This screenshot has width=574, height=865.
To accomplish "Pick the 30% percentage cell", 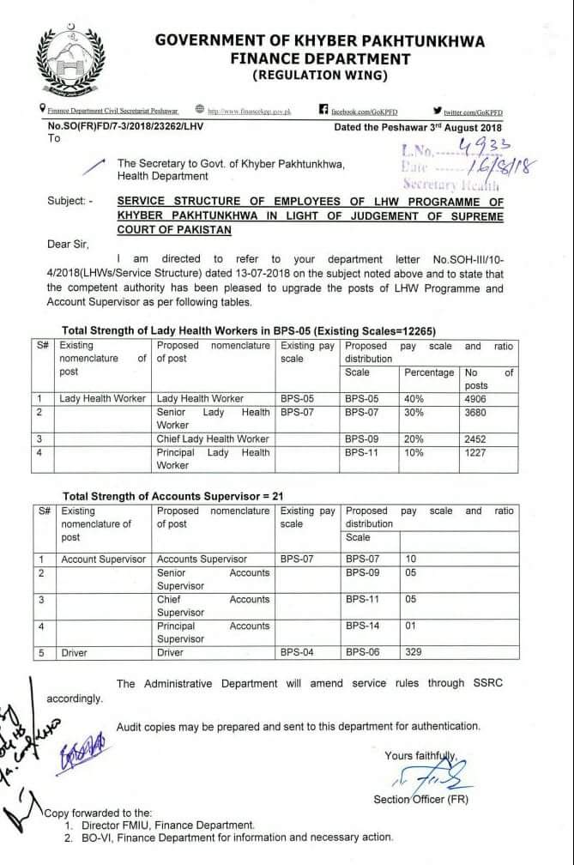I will click(x=415, y=412).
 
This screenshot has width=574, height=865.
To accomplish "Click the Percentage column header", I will click(x=428, y=372).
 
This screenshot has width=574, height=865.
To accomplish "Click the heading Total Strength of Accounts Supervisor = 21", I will click(x=172, y=497).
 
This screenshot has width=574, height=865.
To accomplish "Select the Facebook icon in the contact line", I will click(x=323, y=110).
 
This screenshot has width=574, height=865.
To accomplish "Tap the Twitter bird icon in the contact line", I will click(x=438, y=110).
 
